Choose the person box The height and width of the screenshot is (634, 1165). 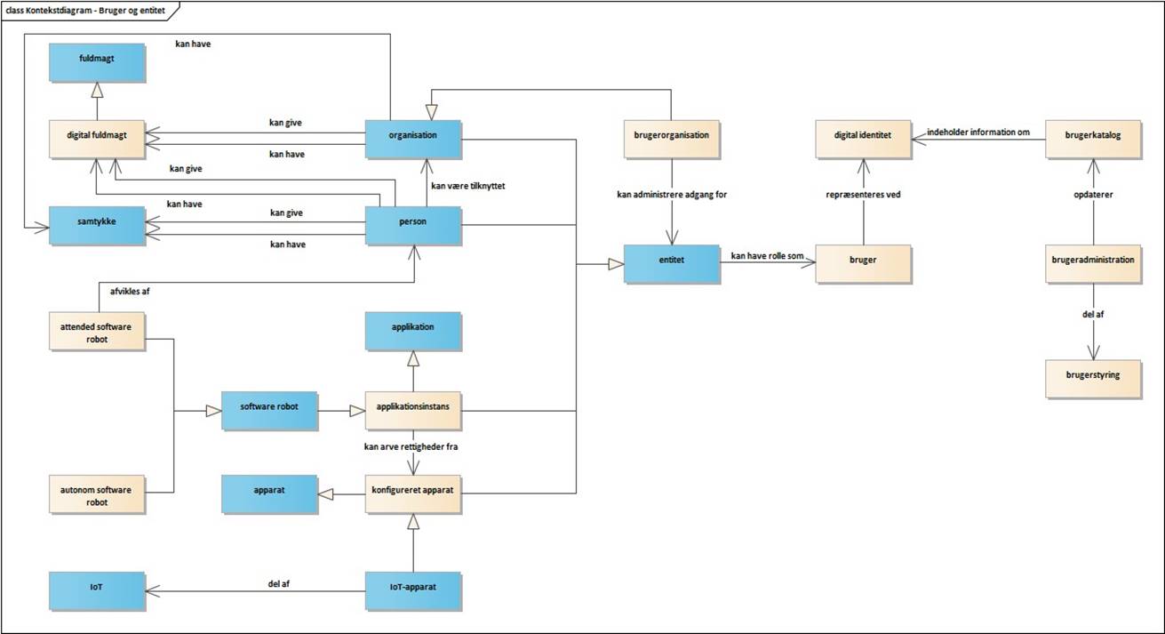[x=413, y=224]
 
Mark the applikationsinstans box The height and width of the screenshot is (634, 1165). [x=413, y=410]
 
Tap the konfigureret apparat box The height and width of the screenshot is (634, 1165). [x=413, y=495]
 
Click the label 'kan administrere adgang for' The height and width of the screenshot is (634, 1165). [x=672, y=194]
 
